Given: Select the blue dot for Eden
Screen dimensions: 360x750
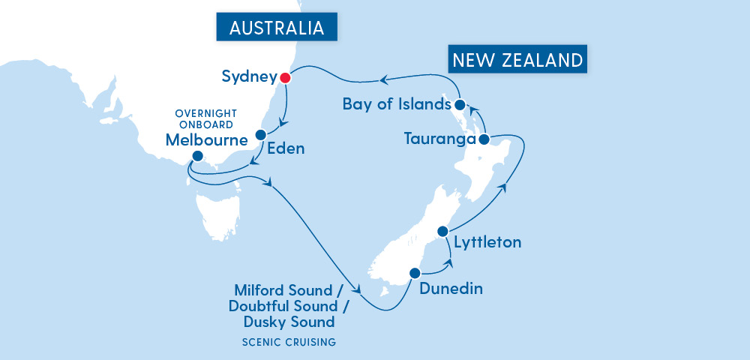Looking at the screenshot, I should click(x=260, y=135).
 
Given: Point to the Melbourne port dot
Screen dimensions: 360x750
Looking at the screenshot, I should click(x=196, y=156).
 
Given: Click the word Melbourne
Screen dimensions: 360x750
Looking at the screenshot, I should click(x=207, y=139).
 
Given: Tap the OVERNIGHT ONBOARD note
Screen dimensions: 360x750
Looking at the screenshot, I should click(x=204, y=119).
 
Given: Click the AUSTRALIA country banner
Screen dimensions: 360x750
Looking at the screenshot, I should click(x=277, y=28).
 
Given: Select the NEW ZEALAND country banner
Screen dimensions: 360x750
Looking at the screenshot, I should click(x=517, y=60).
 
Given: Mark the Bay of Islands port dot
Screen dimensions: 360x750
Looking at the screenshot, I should click(x=460, y=104).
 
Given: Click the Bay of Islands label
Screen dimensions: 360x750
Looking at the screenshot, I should click(x=397, y=104).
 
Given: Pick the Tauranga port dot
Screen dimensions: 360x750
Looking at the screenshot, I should click(x=484, y=139).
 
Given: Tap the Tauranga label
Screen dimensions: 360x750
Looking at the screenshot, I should click(x=440, y=139).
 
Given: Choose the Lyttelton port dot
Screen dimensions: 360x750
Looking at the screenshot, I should click(x=442, y=231).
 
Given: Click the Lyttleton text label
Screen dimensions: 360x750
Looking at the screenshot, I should click(x=487, y=242).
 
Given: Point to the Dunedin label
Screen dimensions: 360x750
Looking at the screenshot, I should click(x=451, y=288).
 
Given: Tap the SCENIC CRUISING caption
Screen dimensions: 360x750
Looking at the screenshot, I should click(x=288, y=343).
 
